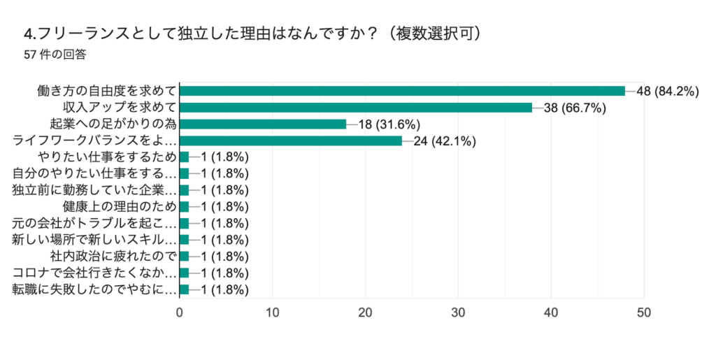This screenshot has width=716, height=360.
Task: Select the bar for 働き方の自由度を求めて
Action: click(402, 91)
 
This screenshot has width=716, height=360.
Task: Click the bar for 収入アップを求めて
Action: click(356, 108)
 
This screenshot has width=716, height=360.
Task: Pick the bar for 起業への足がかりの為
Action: click(263, 124)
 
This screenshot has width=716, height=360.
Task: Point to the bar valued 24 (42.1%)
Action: click(291, 141)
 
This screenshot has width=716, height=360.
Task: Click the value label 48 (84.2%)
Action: click(668, 91)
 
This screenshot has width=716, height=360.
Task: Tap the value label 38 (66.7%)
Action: click(574, 108)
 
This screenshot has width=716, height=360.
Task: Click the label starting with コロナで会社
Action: click(94, 273)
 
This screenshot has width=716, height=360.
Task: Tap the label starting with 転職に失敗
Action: click(94, 289)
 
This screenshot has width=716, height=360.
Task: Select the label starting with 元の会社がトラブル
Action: click(94, 224)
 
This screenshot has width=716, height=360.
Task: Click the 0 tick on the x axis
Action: click(180, 312)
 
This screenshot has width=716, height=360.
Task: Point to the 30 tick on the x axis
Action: click(458, 312)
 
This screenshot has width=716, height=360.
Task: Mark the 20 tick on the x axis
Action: click(365, 312)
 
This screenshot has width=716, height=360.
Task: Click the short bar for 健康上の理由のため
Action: click(185, 207)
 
